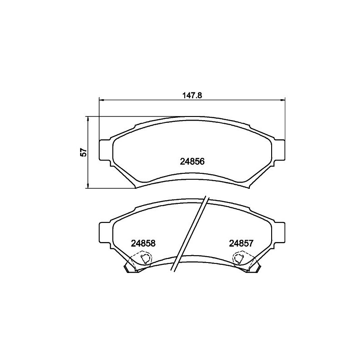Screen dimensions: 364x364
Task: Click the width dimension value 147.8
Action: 192,96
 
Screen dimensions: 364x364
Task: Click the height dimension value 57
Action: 84,152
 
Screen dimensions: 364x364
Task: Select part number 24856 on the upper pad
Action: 192,162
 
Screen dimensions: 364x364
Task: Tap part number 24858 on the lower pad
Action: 143,243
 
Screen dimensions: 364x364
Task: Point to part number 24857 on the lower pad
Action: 241,243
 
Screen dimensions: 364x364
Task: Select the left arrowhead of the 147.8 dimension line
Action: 101,100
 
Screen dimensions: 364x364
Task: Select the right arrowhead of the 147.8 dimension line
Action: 283,100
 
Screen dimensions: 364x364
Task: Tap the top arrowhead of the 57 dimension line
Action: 88,119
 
